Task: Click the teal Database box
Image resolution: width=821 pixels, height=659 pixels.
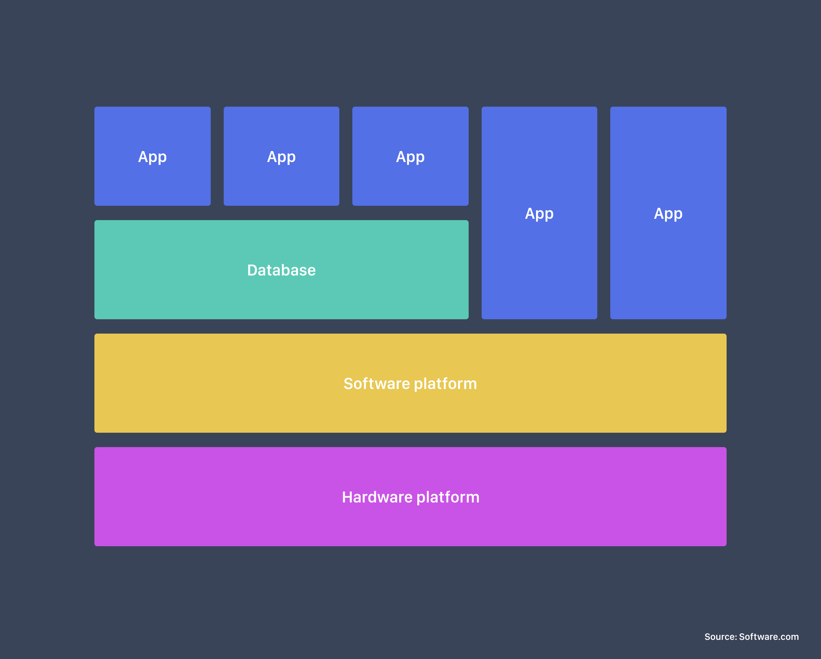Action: (x=282, y=269)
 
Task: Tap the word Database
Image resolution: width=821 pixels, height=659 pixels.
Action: (x=282, y=270)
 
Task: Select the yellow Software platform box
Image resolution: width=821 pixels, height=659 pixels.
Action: (x=410, y=383)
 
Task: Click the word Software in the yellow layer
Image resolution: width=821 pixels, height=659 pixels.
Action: (x=377, y=384)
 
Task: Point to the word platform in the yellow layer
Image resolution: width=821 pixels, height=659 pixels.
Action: (x=445, y=384)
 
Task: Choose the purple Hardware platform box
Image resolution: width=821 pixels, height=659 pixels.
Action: (x=410, y=497)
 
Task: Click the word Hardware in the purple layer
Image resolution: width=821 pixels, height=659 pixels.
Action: (x=377, y=497)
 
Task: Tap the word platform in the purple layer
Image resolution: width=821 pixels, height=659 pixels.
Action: (x=448, y=498)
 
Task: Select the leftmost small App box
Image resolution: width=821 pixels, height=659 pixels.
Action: (x=152, y=156)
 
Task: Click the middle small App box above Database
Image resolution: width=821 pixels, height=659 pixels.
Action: (x=282, y=156)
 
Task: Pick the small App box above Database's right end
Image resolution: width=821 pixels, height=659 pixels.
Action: (x=410, y=156)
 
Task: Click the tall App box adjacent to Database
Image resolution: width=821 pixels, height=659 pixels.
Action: (x=539, y=213)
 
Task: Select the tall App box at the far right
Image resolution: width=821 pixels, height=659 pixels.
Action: (x=668, y=213)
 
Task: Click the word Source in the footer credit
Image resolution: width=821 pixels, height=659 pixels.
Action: (x=720, y=637)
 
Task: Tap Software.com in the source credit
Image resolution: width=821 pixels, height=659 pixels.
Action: (x=769, y=637)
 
